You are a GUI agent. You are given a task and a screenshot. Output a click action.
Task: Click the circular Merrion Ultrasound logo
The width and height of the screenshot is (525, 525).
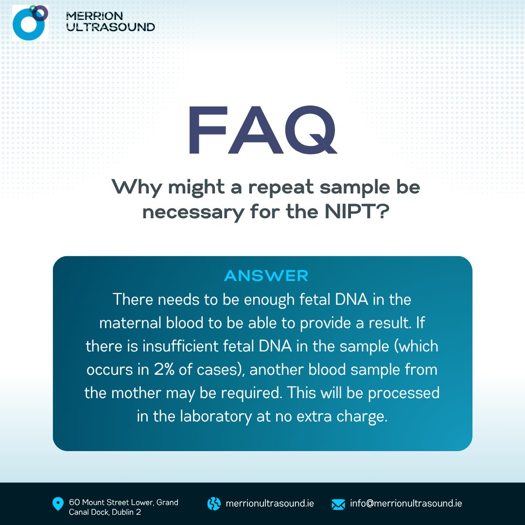30,22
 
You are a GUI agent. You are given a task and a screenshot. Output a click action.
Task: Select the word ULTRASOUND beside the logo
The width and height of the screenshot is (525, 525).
110,27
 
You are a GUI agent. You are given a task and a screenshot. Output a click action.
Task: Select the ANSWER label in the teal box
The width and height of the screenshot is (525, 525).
266,276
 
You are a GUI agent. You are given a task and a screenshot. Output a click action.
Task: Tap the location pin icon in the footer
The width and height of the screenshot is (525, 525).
58,504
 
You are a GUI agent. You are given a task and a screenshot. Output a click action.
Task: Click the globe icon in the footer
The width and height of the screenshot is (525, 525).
214,504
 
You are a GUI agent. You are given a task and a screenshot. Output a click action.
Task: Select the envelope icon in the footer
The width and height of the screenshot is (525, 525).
338,504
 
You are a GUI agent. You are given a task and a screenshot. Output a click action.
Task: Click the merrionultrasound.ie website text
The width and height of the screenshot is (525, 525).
270,504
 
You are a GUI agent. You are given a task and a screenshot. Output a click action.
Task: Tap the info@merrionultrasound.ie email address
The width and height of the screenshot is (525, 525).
406,504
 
